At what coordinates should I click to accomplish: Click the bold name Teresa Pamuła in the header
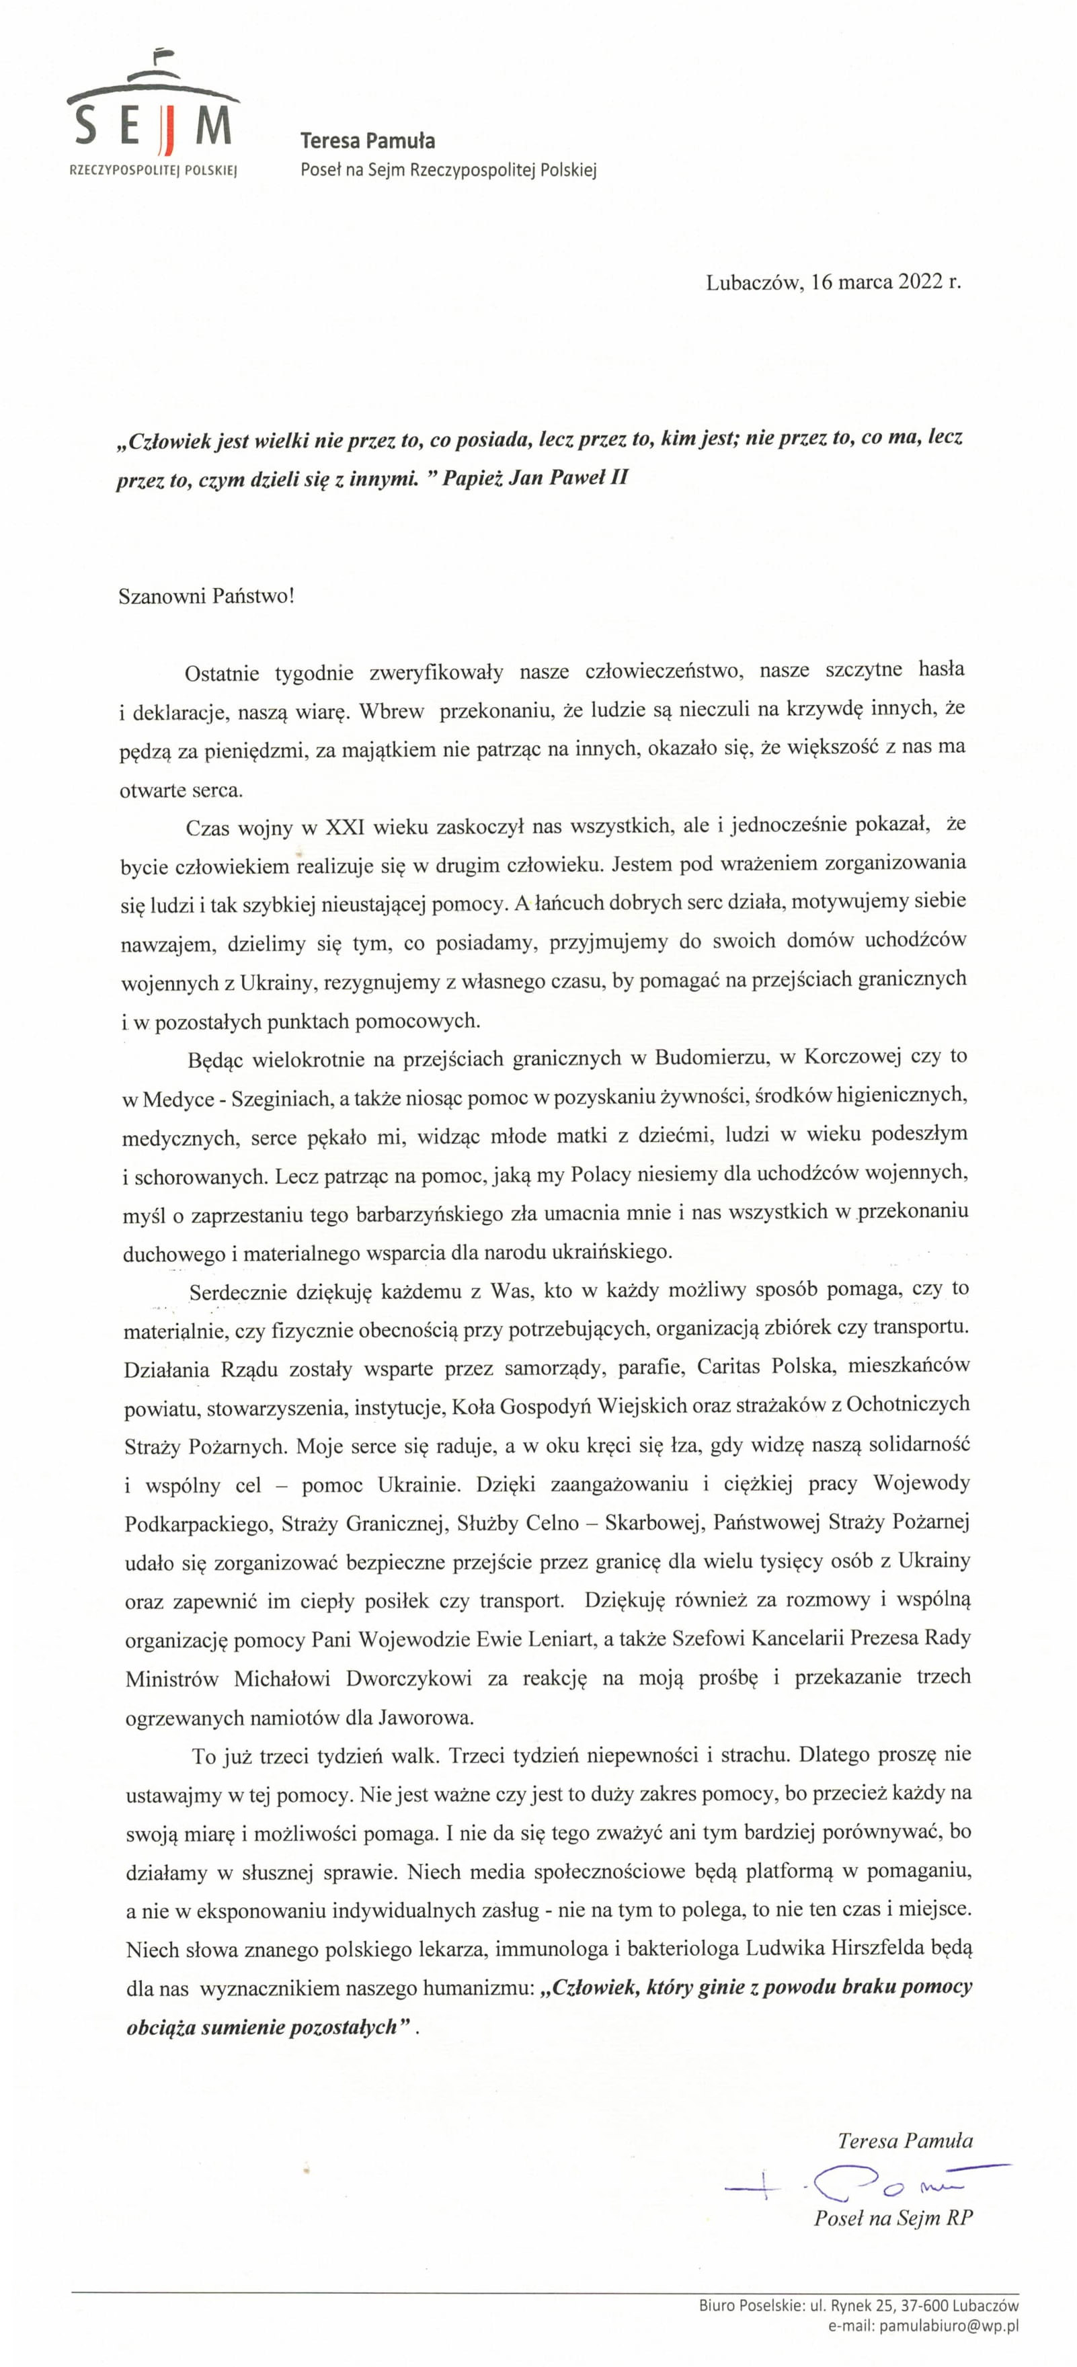[368, 140]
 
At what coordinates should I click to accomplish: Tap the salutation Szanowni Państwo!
[207, 595]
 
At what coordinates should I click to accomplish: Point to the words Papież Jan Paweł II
[535, 478]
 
